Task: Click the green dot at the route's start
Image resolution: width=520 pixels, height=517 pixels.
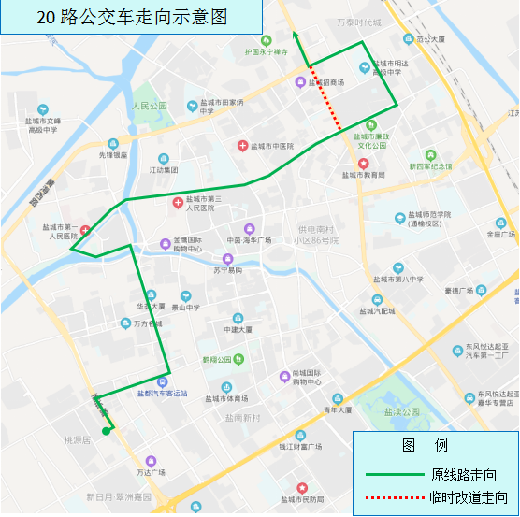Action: coord(107,431)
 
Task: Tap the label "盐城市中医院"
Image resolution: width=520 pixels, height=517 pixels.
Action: coord(270,147)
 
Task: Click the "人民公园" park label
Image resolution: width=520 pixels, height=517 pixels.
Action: coord(149,106)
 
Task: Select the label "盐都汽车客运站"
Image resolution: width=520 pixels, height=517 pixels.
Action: coord(163,394)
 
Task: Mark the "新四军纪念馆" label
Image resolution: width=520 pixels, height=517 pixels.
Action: coord(429,166)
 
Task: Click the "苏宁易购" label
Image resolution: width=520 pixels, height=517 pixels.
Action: coord(226,270)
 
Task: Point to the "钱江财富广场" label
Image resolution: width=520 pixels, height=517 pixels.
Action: coord(300,447)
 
